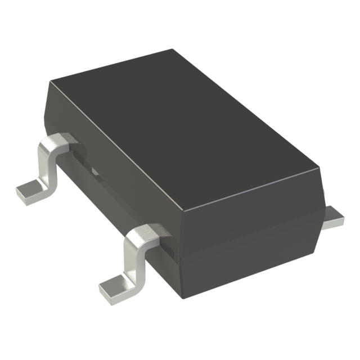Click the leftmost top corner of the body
[x=49, y=83]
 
